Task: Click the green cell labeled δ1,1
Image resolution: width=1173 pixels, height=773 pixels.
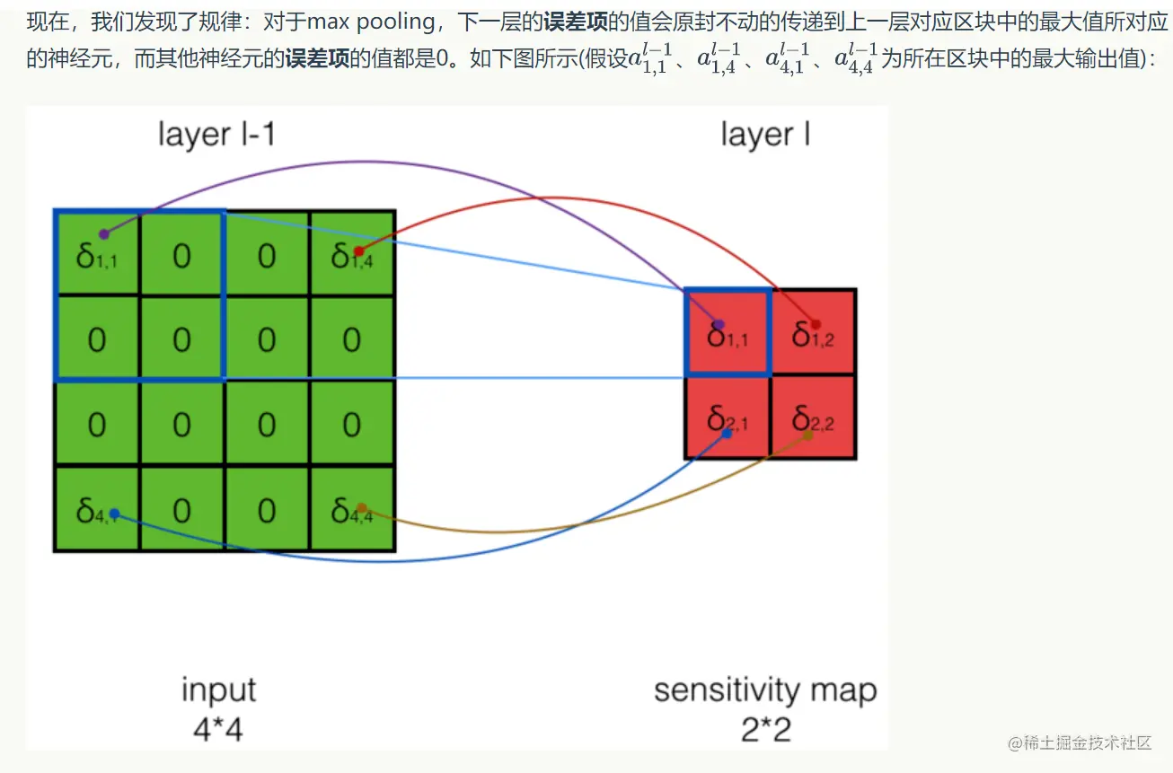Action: coord(97,254)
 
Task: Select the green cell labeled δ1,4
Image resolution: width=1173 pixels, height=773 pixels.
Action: coord(352,254)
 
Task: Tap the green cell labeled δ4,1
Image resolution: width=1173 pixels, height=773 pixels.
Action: coord(97,510)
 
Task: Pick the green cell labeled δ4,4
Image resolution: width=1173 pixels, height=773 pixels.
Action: coord(352,510)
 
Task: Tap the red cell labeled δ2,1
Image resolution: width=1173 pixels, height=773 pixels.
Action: coord(728,417)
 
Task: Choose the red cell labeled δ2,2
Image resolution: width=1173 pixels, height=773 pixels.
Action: coord(813,417)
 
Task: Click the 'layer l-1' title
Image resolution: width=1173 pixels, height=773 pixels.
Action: coord(216,135)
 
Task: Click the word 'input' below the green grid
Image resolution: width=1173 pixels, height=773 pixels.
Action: coord(218,690)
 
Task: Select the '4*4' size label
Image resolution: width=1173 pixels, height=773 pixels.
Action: coord(218,730)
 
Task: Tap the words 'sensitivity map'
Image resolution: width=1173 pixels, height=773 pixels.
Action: coord(765,690)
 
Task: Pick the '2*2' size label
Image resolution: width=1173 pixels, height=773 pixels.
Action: coord(765,730)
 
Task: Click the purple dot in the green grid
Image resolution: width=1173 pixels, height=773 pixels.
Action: coord(104,234)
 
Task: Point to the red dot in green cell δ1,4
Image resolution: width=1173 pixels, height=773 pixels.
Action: coord(358,251)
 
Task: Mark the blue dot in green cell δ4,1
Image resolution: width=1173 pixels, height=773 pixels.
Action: coord(114,514)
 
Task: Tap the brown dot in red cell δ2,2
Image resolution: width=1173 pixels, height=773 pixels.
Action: coord(807,435)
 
